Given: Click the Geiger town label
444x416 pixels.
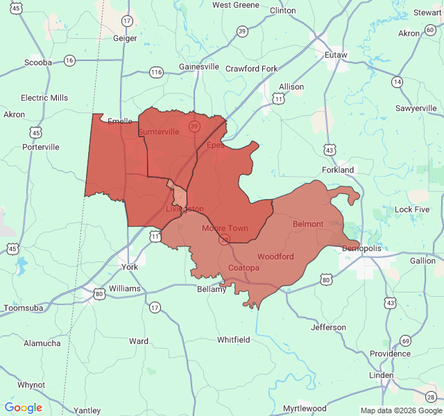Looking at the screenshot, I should pos(125,38).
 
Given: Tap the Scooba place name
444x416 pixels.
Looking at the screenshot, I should pos(38,62).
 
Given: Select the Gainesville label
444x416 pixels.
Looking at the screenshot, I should pos(199,67).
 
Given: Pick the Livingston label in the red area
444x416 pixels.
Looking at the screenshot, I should pos(185,209).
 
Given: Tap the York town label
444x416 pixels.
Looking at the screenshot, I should pos(129,267).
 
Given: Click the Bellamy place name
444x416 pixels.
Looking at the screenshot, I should pos(212,289).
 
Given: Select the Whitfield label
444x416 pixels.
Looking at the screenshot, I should pos(233,340).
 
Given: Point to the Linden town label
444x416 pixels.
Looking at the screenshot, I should pos(381,375).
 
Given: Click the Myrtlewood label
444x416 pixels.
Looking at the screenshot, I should pos(305,408).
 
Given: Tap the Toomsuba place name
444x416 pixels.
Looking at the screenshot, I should pos(25,308).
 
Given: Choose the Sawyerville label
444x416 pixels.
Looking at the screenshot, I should pos(416,108).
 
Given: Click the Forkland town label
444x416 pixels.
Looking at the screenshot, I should pos(338,170).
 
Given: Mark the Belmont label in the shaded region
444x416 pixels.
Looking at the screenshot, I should pos(308,224).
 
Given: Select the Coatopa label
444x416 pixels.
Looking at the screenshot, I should pos(244,268).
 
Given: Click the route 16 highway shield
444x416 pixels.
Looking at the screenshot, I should pos(69,61).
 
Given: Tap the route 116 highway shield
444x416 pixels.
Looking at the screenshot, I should pos(156,72).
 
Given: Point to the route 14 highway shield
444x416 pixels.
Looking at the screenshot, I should pos(397,82).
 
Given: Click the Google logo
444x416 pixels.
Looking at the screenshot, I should pos(24,408).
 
